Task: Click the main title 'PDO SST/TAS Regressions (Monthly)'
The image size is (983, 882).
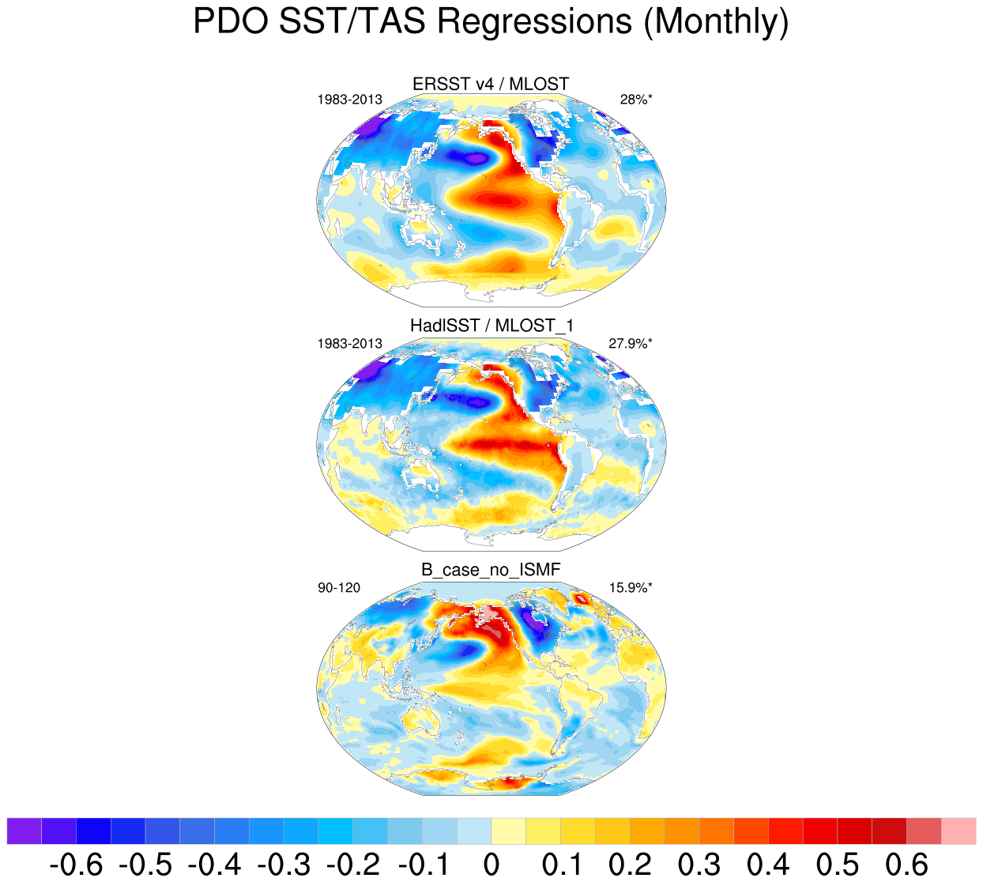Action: [x=491, y=21]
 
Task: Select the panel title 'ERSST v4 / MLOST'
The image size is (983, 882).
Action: [x=491, y=84]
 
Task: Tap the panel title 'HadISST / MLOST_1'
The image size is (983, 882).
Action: [x=491, y=326]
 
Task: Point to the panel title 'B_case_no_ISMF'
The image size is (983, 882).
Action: [x=491, y=569]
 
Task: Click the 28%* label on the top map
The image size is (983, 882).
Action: [x=636, y=100]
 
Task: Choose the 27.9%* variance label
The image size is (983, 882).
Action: [x=631, y=344]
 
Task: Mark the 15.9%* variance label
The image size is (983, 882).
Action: [x=631, y=587]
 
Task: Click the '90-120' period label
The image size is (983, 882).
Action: [x=339, y=587]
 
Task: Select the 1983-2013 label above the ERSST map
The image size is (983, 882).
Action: [x=349, y=100]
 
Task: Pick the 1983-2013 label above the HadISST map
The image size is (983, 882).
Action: [x=349, y=344]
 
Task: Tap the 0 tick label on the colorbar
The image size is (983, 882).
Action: [x=491, y=865]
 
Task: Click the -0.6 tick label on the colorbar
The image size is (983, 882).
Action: [x=76, y=865]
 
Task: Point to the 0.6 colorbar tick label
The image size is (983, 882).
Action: [x=906, y=865]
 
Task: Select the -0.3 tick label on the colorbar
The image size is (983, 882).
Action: [x=283, y=865]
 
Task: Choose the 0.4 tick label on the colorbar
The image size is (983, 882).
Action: [x=768, y=865]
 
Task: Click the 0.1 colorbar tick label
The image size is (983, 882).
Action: [x=560, y=865]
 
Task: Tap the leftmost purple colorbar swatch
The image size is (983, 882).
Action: [x=24, y=831]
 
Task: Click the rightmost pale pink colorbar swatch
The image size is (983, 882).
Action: [x=959, y=831]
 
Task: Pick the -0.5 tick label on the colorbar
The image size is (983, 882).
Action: [x=145, y=865]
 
